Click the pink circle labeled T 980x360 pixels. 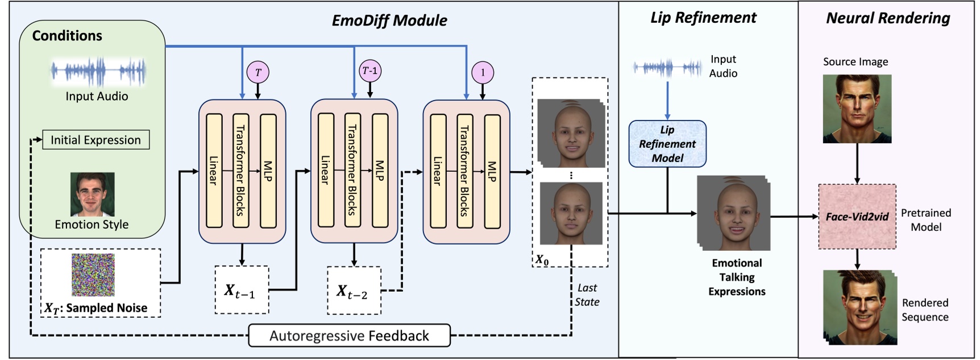258,72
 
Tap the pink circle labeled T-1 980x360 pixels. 370,71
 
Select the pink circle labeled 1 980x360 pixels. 483,72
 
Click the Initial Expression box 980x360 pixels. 95,140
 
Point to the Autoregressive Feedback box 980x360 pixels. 349,336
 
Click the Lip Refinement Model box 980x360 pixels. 667,144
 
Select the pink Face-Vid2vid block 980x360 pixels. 857,217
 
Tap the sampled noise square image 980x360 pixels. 93,275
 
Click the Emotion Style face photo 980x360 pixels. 92,195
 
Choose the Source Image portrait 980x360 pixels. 857,108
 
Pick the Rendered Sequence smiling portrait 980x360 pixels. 858,307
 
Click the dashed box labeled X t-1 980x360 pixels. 242,290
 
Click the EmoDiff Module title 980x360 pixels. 389,20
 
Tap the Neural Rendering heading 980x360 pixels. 888,18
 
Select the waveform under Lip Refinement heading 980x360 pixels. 667,68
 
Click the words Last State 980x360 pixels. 587,295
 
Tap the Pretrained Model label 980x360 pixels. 925,220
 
